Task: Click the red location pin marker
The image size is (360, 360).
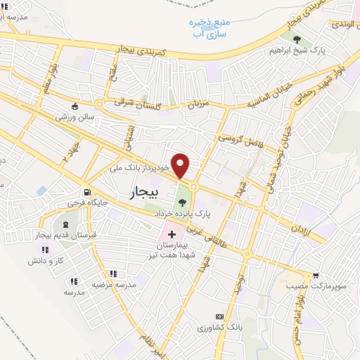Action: click(x=181, y=165)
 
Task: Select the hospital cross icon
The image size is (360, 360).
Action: click(x=172, y=232)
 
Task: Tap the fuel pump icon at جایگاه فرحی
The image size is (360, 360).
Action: click(x=86, y=192)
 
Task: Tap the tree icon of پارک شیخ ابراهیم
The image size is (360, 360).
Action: click(x=298, y=39)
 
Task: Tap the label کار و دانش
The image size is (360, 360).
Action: click(x=44, y=261)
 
